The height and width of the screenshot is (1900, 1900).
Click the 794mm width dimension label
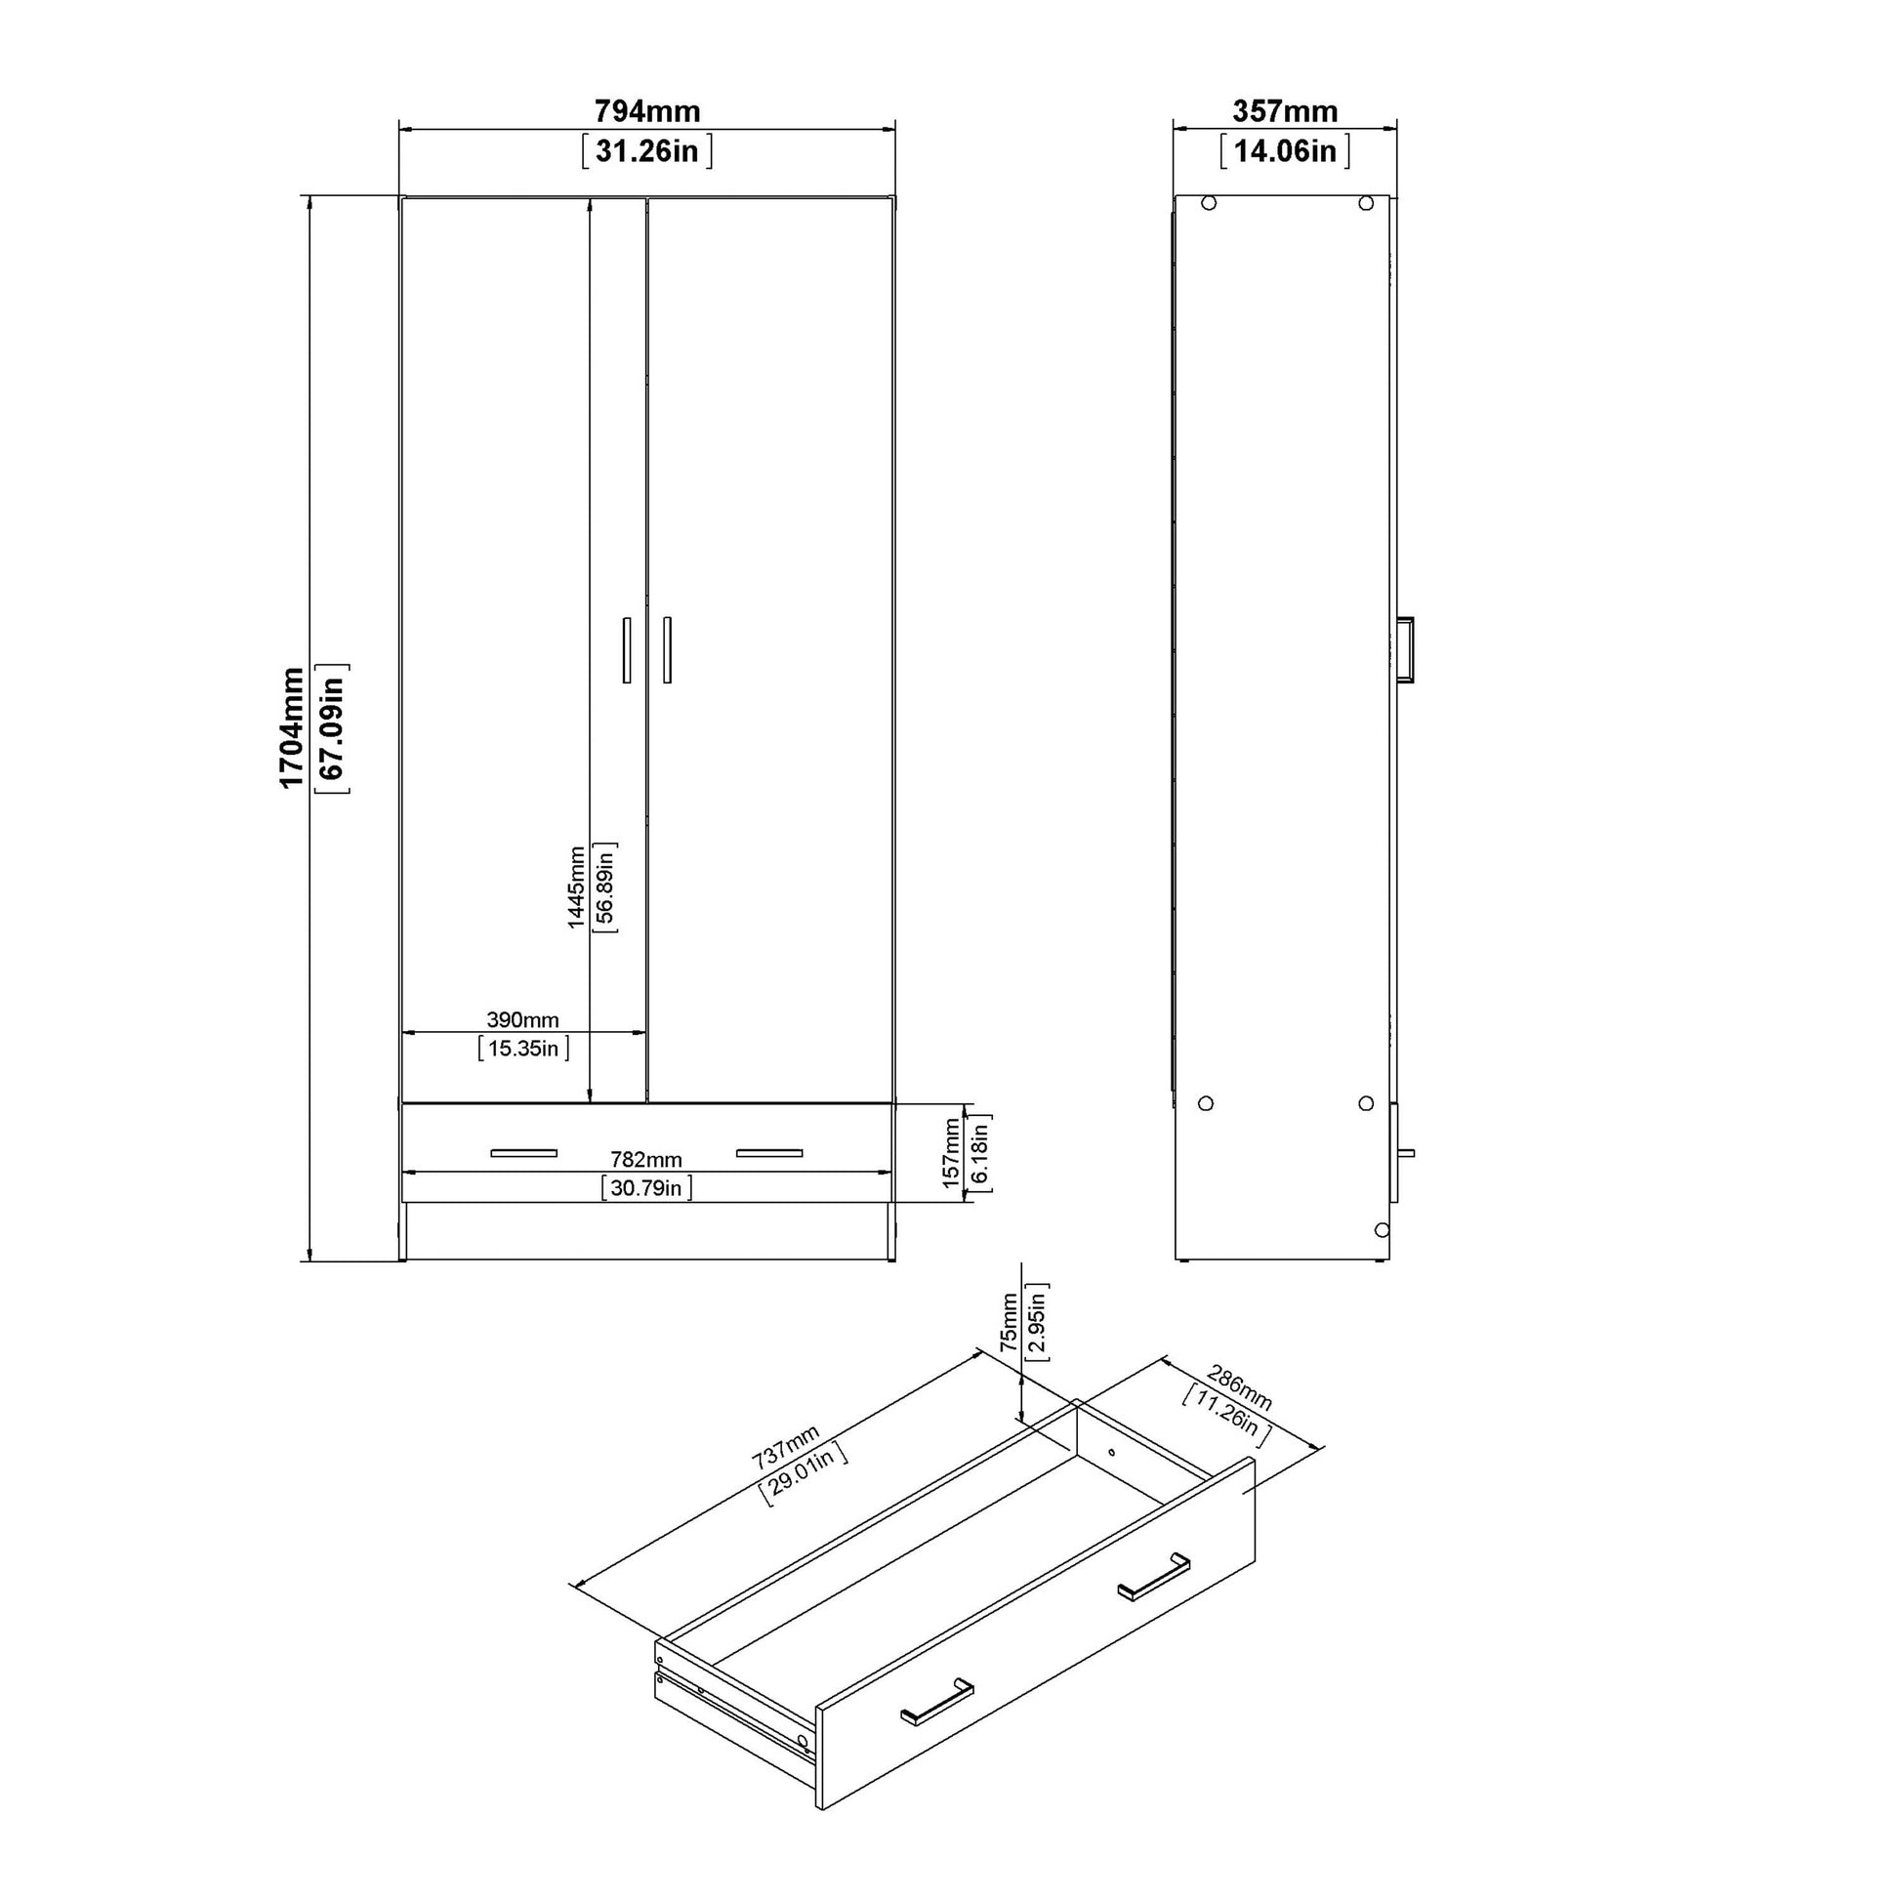click(x=647, y=111)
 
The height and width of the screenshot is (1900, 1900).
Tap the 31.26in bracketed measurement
click(x=647, y=151)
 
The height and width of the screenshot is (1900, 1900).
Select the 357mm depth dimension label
click(x=1285, y=111)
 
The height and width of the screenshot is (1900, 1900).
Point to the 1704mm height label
click(x=292, y=727)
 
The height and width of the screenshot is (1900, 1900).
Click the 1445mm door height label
click(x=576, y=888)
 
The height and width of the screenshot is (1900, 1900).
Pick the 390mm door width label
click(x=523, y=1020)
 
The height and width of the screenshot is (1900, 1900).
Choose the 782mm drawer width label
click(x=646, y=1161)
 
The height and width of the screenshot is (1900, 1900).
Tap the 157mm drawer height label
click(x=951, y=1152)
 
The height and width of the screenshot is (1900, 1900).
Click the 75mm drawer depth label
click(x=1010, y=1322)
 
